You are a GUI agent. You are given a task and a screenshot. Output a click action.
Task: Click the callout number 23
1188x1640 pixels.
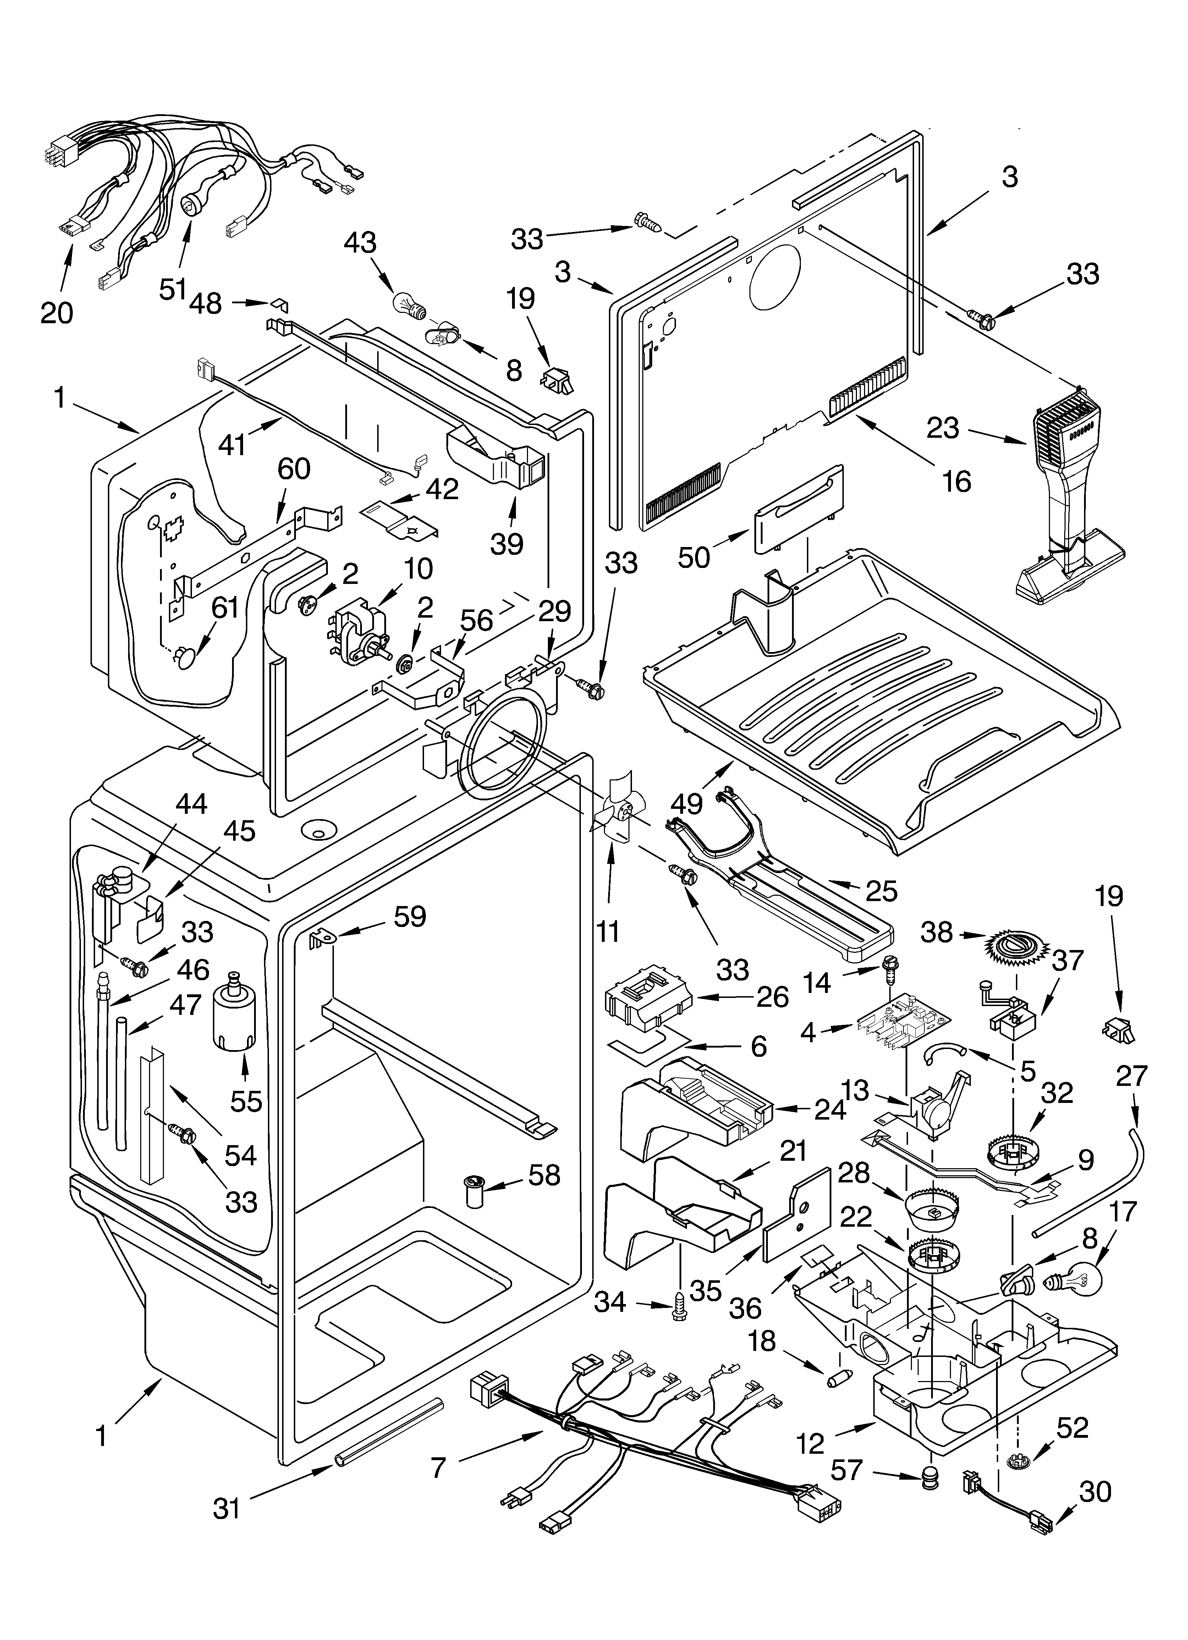pos(943,429)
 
